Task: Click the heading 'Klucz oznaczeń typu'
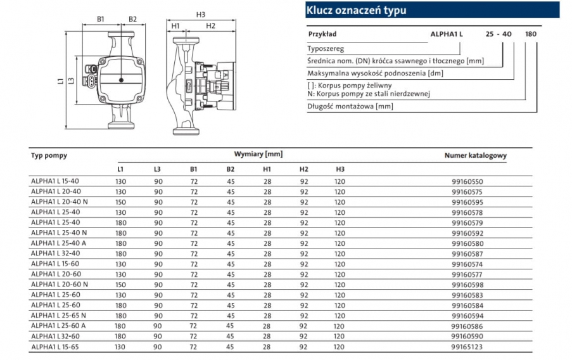click(x=356, y=10)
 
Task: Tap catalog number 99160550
click(x=468, y=181)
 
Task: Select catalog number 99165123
click(x=468, y=347)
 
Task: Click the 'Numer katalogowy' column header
click(x=475, y=155)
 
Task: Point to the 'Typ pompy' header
click(x=49, y=155)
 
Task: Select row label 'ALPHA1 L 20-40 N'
click(x=59, y=202)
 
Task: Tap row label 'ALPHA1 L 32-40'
click(x=55, y=254)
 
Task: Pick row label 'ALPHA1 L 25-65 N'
click(x=59, y=316)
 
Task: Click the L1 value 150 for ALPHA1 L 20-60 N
click(x=120, y=285)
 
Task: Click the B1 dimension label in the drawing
click(x=101, y=19)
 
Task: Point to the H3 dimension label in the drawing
click(x=201, y=14)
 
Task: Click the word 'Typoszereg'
click(x=326, y=48)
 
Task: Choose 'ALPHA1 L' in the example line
click(x=447, y=33)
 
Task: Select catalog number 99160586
click(x=468, y=326)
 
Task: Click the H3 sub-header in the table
click(x=340, y=169)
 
